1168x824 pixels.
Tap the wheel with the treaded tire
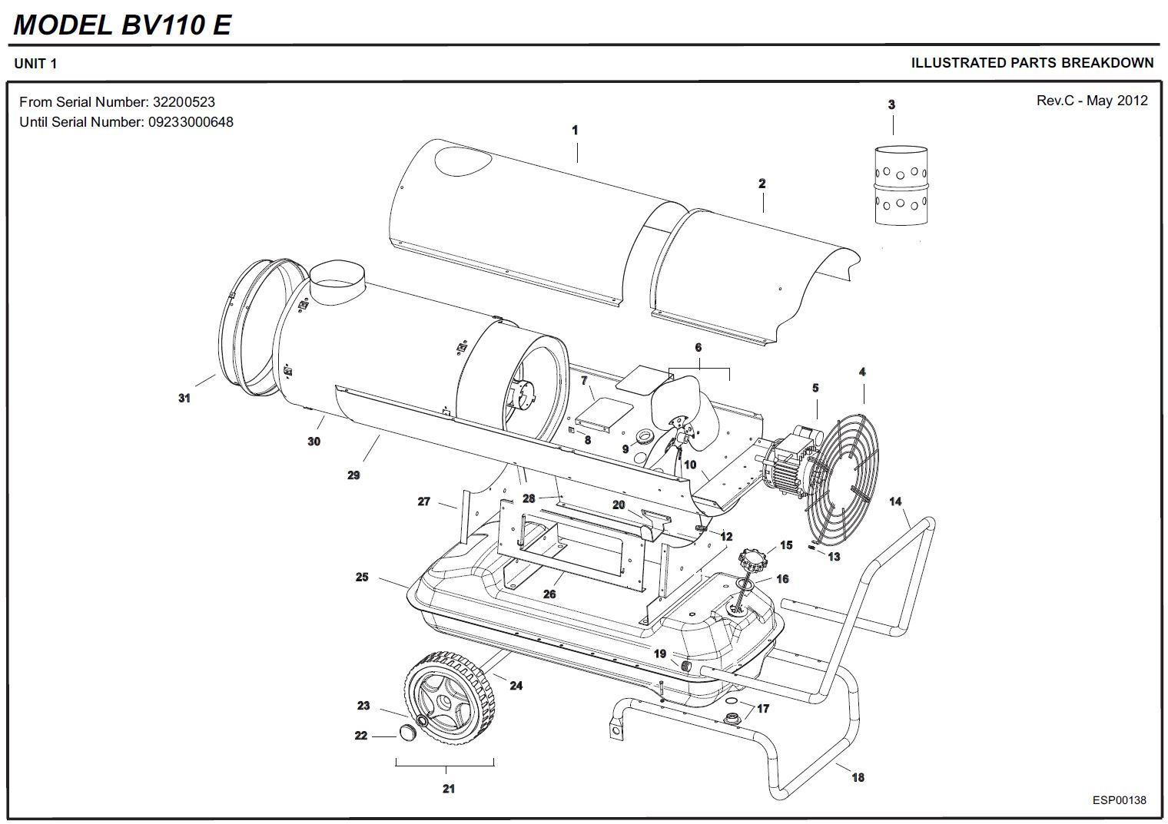pos(448,700)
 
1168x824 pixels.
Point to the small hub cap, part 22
pos(406,733)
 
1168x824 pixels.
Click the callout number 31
pos(184,398)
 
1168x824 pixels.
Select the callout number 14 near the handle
pos(895,501)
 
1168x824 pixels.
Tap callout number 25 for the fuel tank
pos(362,577)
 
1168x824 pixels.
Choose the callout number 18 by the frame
pos(858,777)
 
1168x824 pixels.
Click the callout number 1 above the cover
pos(575,131)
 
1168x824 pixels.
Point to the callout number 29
pos(353,475)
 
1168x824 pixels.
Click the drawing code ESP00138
pos(1119,800)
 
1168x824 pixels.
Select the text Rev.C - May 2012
pos(1091,101)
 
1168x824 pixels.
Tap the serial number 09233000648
pos(191,122)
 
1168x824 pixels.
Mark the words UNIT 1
pos(35,64)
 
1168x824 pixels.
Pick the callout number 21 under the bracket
pos(449,789)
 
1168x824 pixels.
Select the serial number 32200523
pos(184,102)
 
